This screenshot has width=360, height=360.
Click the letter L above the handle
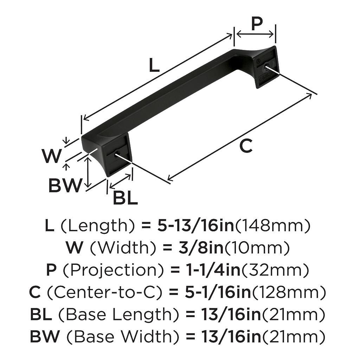coord(154,65)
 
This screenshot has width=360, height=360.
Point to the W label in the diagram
coord(52,156)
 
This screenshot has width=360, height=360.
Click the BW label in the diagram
coord(65,186)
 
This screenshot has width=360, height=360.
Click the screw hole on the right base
coord(267,66)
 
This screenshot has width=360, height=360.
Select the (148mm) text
coord(272,226)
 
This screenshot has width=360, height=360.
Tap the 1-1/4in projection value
coord(212,270)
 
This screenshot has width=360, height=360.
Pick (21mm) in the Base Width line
coord(294,337)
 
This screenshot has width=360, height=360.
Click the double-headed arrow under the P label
coord(255,35)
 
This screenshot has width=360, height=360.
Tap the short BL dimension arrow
coord(120,181)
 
